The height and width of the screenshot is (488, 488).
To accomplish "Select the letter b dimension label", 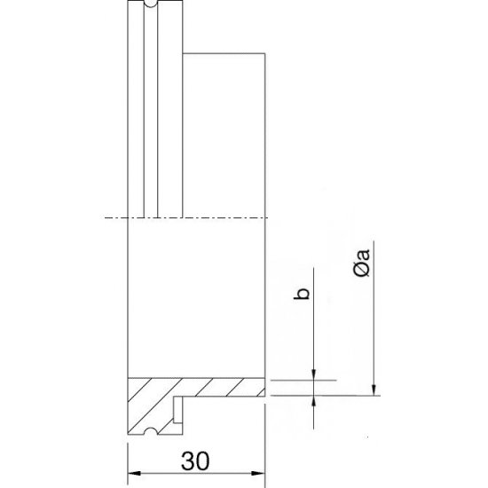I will [303, 295].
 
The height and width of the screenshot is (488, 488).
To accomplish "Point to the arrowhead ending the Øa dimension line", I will [374, 388].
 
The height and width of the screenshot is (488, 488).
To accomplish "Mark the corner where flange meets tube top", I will [183, 54].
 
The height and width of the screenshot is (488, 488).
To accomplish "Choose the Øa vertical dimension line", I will [374, 311].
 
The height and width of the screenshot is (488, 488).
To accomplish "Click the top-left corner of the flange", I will [129, 3].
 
